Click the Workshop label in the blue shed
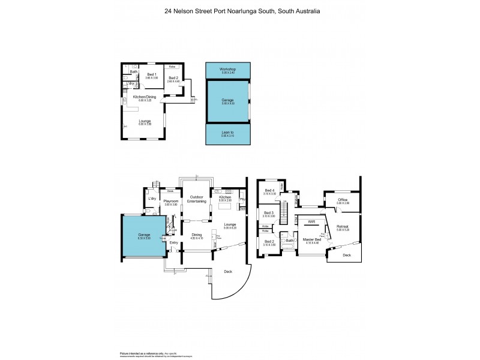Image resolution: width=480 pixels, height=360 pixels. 227,70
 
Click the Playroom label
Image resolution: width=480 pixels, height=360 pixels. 172,201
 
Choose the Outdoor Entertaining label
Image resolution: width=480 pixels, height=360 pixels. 197,199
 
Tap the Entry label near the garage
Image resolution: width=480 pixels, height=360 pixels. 173,242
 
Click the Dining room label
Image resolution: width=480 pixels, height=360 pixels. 196,235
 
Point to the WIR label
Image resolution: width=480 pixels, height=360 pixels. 311,221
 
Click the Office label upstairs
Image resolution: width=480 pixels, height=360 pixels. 343,200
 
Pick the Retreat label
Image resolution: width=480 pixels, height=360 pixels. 343,227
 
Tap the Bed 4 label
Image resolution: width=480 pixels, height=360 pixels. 269,191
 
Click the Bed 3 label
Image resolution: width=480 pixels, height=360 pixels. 269,213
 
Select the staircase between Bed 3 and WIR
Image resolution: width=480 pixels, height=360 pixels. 286,212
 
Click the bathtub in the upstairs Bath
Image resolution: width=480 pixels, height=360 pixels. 286,247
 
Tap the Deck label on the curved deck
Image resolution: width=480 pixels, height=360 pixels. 227,271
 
